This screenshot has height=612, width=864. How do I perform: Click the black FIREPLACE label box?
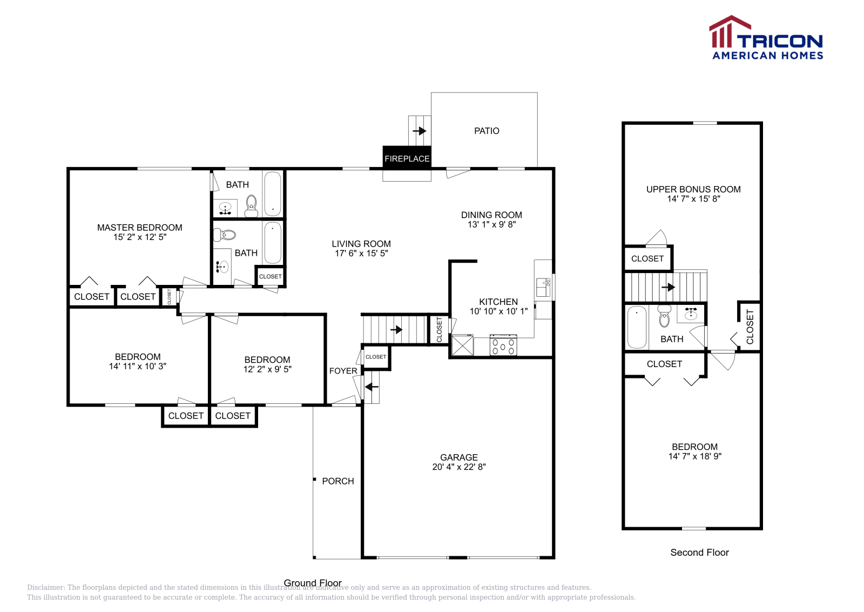[x=407, y=158]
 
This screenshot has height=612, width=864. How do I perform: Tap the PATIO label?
[x=487, y=131]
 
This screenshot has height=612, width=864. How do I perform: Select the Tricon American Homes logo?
[x=766, y=38]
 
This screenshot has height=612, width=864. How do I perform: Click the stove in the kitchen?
[x=503, y=345]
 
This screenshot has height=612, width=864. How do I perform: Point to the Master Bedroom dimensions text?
[x=140, y=237]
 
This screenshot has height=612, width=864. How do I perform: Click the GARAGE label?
[x=458, y=457]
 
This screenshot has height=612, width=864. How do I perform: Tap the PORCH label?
[x=338, y=481]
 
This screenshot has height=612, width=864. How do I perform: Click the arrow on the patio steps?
[x=420, y=131]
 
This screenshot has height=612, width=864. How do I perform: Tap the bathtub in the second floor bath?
[x=637, y=327]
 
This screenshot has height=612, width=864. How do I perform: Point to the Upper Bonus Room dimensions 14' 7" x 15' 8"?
[x=693, y=199]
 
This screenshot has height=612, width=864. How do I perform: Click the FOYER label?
[x=343, y=371]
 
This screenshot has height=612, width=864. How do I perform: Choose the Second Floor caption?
[x=699, y=553]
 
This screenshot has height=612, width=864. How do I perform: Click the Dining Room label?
[x=491, y=215]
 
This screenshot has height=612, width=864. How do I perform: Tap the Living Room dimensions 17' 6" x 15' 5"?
[x=361, y=253]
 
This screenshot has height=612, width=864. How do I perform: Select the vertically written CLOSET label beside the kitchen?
[x=439, y=329]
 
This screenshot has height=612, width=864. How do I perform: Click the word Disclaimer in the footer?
[x=46, y=587]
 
